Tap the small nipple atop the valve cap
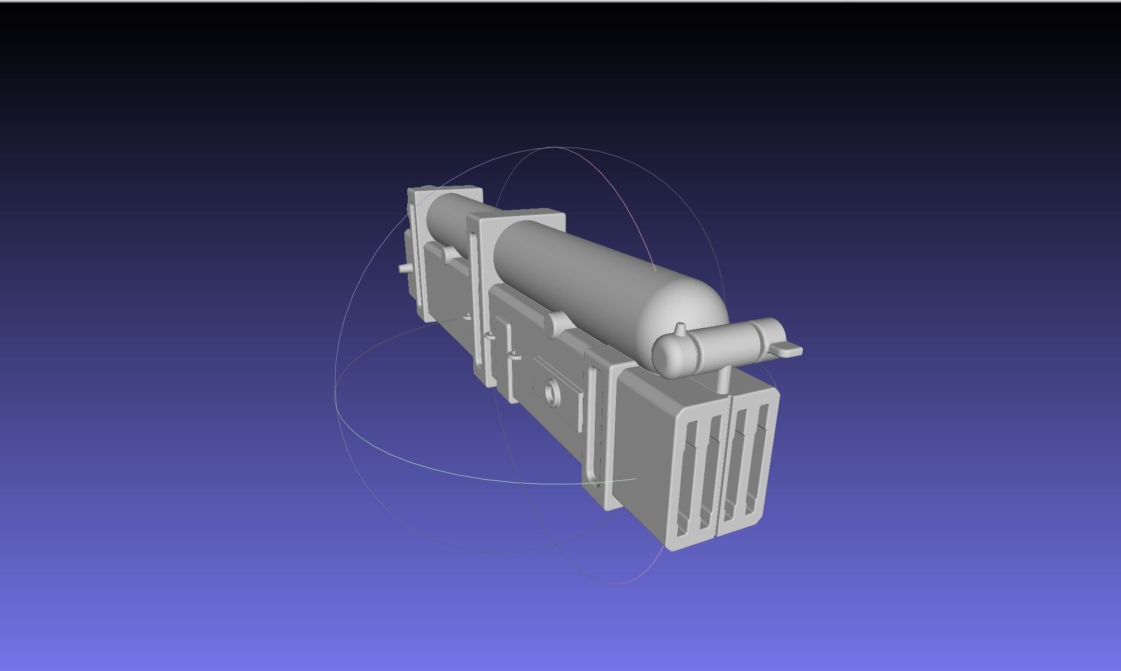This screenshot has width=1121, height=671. (x=680, y=328)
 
